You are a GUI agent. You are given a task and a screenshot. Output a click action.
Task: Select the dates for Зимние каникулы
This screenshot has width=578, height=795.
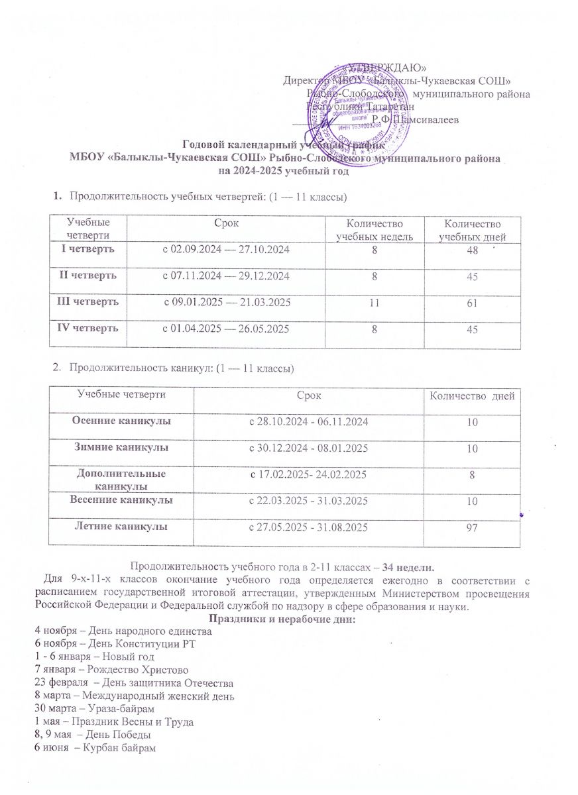tap(308, 449)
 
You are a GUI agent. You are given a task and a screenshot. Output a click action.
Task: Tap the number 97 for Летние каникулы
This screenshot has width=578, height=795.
tap(472, 527)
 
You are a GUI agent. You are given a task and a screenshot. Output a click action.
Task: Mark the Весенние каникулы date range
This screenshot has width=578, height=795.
tap(308, 502)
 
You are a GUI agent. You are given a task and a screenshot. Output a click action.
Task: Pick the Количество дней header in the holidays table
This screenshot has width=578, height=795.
tap(472, 396)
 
